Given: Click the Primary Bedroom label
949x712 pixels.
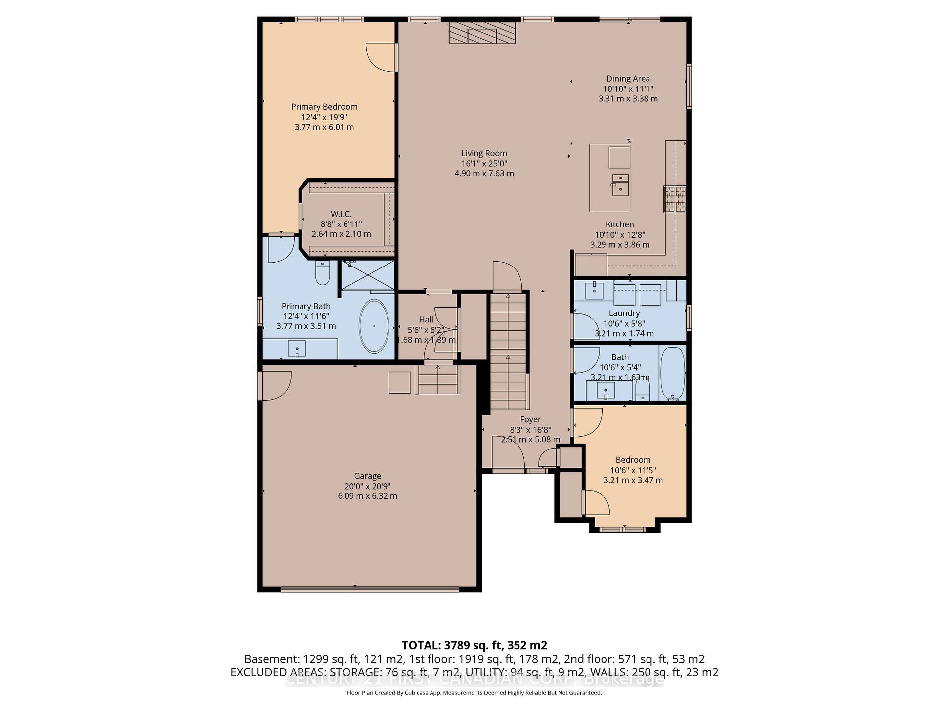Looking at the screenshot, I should [x=324, y=107].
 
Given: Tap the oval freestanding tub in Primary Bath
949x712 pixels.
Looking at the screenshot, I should [x=374, y=326].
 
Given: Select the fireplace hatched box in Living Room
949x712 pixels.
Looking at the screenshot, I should [x=482, y=33].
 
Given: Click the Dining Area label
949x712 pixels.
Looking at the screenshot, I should [x=628, y=79].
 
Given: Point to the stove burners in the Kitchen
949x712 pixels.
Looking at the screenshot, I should [x=674, y=199].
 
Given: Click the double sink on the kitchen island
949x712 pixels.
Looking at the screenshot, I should [x=620, y=183].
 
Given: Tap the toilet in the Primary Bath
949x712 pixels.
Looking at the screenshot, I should [x=323, y=273].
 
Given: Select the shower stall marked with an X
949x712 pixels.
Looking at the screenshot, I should [x=367, y=275].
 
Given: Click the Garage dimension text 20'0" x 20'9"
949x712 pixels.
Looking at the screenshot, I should [x=367, y=486].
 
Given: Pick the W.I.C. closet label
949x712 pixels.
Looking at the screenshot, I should [x=341, y=214].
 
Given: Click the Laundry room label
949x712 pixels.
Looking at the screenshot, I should [x=624, y=313].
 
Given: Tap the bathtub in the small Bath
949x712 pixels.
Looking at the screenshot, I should [x=672, y=373].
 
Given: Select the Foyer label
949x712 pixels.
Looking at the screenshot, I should [x=530, y=420].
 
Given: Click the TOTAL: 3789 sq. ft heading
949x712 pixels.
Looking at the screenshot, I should [x=474, y=645].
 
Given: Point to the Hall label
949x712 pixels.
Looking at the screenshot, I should [x=426, y=320].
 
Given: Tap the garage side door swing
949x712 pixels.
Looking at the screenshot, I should [x=276, y=385].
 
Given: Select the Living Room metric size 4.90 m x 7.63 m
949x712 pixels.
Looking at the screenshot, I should [x=484, y=174].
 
